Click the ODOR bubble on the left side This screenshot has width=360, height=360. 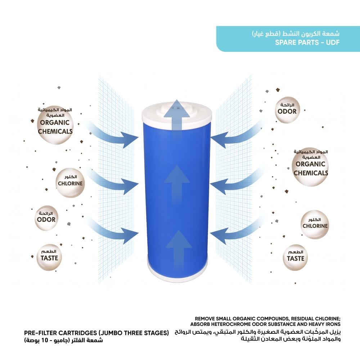(46, 217)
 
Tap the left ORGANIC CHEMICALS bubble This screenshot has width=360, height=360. (55, 126)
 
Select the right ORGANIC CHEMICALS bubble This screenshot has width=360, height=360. (310, 167)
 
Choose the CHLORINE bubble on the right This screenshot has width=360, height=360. (315, 225)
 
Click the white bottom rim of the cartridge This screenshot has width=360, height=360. (177, 278)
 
